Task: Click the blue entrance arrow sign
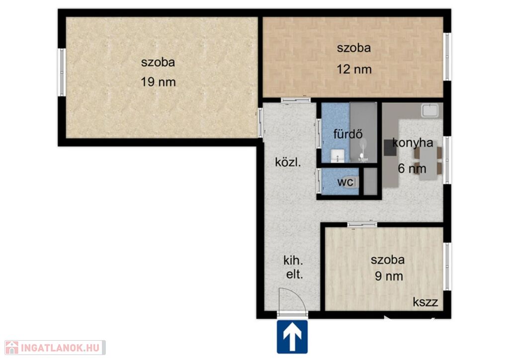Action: [292, 337]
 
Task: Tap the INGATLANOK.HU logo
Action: [55, 348]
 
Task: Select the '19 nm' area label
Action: [158, 82]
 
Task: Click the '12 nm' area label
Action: [354, 69]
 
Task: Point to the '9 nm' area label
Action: [389, 276]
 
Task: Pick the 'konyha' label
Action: [413, 143]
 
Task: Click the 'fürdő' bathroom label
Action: [347, 134]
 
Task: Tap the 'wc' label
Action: [345, 182]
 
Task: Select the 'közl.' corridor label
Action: [288, 162]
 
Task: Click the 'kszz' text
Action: [425, 302]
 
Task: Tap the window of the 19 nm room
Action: [61, 72]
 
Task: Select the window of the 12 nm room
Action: [447, 57]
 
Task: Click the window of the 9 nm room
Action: [447, 267]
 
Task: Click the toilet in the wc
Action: [352, 182]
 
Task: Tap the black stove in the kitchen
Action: [390, 148]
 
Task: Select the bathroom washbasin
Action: [338, 156]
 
